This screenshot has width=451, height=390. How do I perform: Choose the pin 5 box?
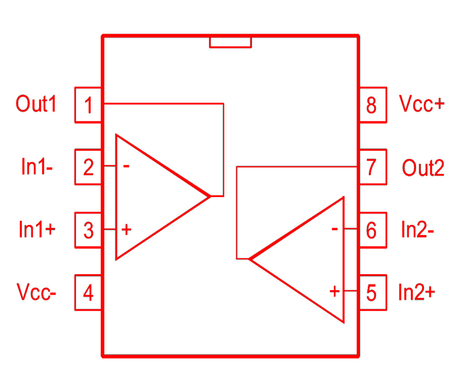pos(373,292)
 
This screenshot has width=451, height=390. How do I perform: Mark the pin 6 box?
pos(373,230)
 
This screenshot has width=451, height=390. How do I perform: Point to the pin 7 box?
pos(373,167)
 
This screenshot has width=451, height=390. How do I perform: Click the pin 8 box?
pos(373,105)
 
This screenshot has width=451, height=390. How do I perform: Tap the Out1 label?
pos(36,103)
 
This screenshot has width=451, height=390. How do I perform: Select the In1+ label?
pos(37,229)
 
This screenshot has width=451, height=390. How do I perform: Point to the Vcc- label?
pos(36,292)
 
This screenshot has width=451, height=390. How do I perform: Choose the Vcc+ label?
pos(422,103)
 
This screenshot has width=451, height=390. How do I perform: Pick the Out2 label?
pos(423,168)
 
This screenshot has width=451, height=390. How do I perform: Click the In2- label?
pos(417,230)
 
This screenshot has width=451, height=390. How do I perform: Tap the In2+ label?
pos(417,292)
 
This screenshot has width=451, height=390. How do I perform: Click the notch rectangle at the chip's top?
pos(230,42)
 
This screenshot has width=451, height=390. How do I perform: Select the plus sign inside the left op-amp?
pos(126,230)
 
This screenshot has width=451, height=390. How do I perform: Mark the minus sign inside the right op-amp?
pos(335,229)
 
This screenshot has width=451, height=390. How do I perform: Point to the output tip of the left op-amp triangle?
pos(211,196)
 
